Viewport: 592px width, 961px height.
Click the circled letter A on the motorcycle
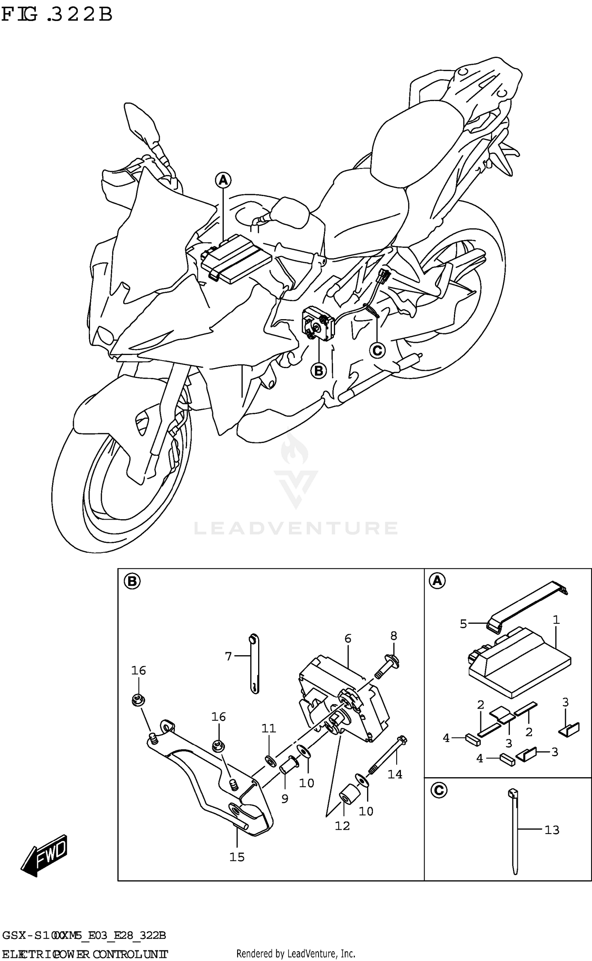[223, 180]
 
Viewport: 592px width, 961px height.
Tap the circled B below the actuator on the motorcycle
[318, 370]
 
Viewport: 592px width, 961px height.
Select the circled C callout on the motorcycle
[377, 350]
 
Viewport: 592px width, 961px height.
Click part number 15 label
[237, 857]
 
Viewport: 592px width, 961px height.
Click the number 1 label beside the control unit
[556, 620]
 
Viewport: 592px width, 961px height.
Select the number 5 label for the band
[463, 624]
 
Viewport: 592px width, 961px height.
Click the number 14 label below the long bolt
[395, 774]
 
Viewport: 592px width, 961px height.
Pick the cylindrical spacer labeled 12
[348, 796]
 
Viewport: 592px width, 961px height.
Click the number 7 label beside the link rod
[228, 656]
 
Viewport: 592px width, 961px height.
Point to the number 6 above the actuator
[348, 638]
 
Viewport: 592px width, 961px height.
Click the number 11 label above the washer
[269, 728]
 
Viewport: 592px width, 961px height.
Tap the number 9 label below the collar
[285, 798]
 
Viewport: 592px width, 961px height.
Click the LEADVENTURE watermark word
[296, 528]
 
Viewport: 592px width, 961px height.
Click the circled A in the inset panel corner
[437, 581]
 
